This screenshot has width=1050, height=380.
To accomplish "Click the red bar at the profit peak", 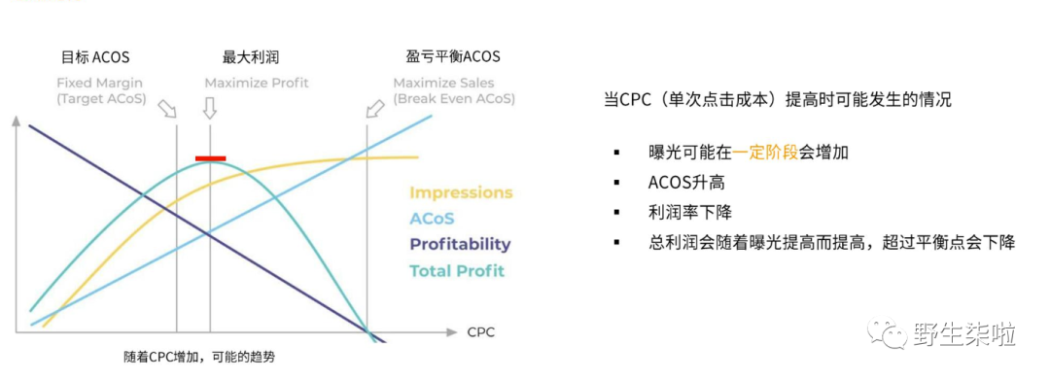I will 210,157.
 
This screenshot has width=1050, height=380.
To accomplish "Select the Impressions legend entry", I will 460,192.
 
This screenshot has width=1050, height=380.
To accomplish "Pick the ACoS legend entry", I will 432,219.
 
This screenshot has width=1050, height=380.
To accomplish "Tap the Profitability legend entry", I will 460,245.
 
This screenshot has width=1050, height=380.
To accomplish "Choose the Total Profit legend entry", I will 457,271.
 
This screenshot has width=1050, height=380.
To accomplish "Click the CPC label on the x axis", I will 480,332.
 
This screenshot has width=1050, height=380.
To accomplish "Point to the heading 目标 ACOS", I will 94,57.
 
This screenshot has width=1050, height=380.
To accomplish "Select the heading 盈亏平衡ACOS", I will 453,57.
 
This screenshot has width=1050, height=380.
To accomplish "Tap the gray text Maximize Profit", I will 257,83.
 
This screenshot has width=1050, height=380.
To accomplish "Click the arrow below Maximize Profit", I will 210,109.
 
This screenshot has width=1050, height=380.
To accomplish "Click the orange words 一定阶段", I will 764,152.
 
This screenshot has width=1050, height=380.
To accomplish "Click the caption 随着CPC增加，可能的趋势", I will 199,357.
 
